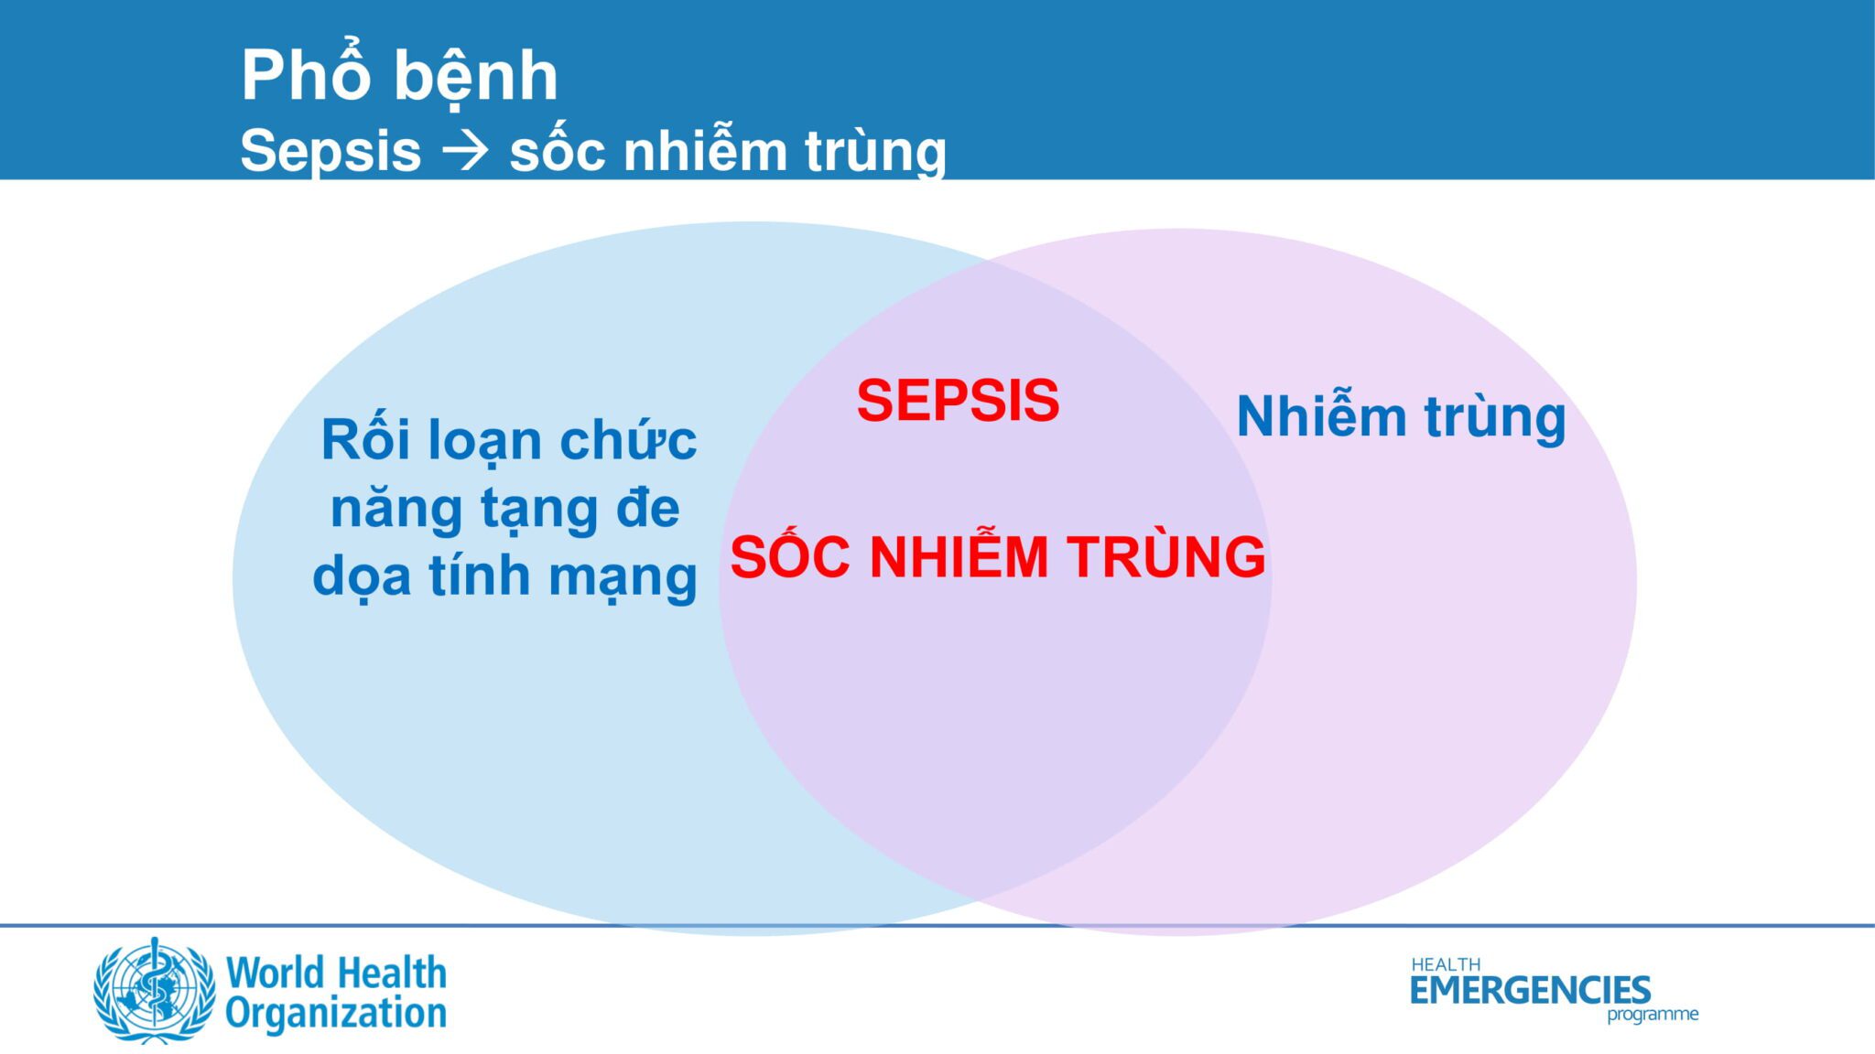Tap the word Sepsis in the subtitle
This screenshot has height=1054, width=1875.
331,151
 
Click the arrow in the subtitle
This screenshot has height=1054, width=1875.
465,151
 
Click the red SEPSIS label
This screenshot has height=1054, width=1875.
958,401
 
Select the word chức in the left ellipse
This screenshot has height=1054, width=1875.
628,440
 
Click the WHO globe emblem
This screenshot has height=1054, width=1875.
155,991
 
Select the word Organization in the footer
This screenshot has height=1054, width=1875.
336,1015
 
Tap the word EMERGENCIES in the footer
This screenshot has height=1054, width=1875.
1530,990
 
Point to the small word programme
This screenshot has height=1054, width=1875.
1653,1015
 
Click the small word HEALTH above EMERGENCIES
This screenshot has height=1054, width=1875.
1446,964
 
